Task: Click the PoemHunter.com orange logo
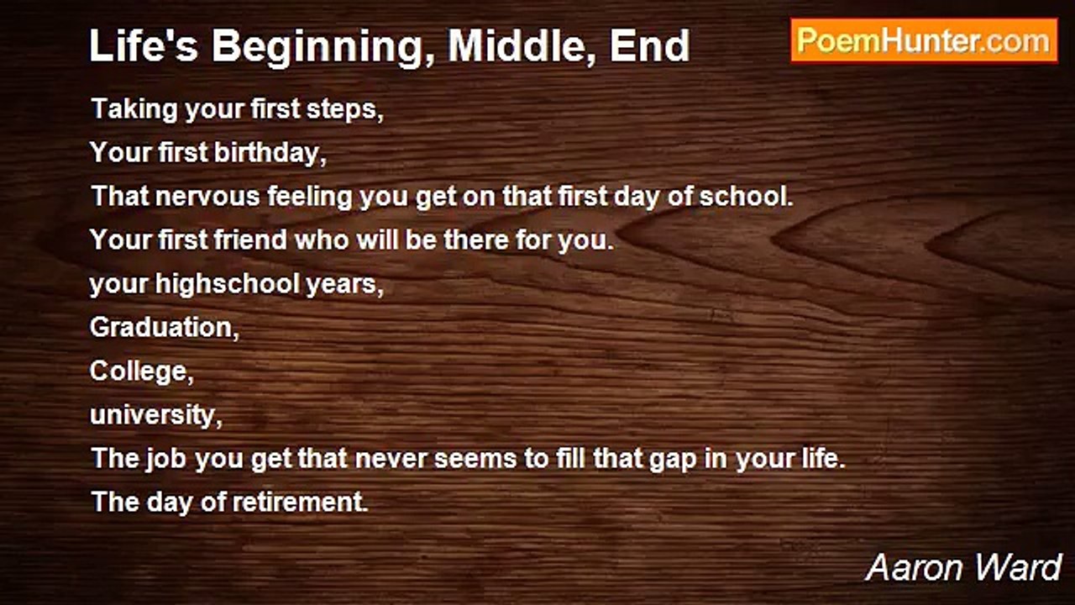pyautogui.click(x=925, y=41)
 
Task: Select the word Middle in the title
pyautogui.click(x=522, y=46)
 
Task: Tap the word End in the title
pyautogui.click(x=650, y=46)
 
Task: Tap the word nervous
pyautogui.click(x=207, y=197)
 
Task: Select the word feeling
pyautogui.click(x=311, y=197)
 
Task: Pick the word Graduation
pyautogui.click(x=162, y=328)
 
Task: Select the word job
pyautogui.click(x=166, y=459)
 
